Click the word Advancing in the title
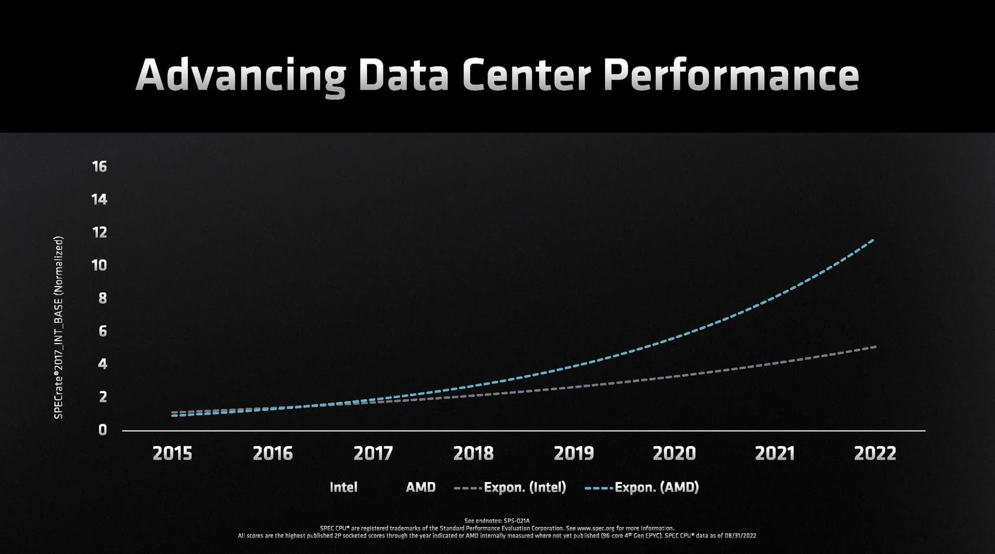(240, 76)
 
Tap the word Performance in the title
(731, 75)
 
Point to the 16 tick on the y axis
(99, 166)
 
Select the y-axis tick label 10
(99, 265)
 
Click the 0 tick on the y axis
(103, 430)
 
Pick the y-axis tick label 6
(103, 331)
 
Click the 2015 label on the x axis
(172, 454)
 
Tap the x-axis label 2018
(473, 454)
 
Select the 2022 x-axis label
(875, 454)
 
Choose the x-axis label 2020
(674, 454)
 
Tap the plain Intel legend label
(343, 487)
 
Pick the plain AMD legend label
(420, 487)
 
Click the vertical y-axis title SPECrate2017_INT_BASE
(59, 328)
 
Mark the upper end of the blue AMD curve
(873, 240)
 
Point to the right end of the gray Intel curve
(875, 347)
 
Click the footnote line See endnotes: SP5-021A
(496, 521)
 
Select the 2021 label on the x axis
(775, 454)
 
